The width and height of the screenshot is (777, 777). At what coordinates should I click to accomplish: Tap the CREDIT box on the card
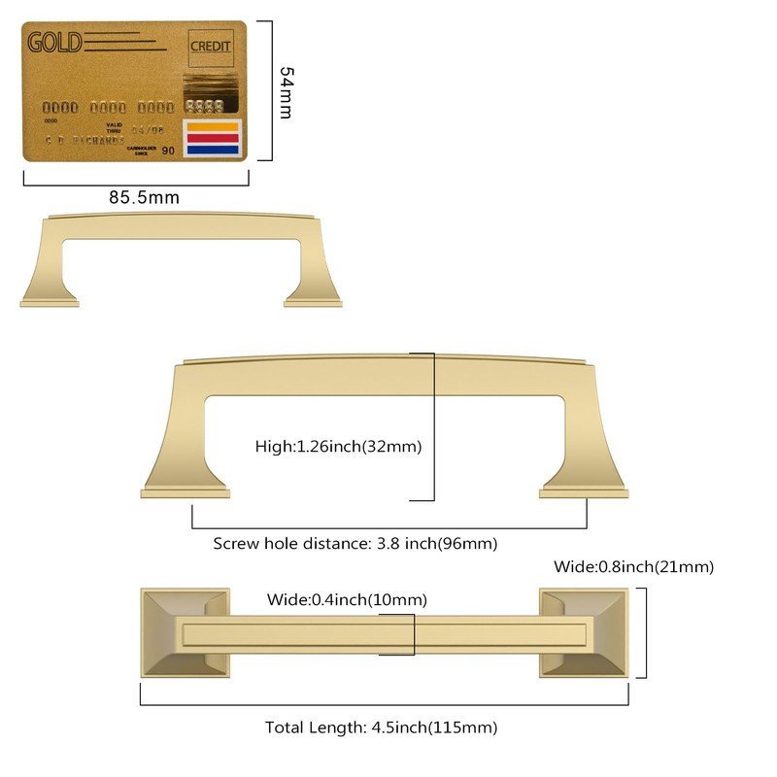[x=210, y=47]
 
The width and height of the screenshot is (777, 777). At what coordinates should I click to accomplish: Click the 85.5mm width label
[x=144, y=197]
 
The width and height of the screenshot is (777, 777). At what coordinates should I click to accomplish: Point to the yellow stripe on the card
[x=213, y=126]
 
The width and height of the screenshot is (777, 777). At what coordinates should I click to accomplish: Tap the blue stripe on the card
[x=213, y=151]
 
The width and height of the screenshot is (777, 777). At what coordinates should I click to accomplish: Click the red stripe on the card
[x=213, y=139]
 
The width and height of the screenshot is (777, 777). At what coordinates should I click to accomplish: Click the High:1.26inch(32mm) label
[x=338, y=446]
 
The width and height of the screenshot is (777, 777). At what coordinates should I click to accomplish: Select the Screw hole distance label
[x=361, y=544]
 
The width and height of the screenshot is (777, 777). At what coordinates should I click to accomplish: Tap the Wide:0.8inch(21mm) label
[x=633, y=566]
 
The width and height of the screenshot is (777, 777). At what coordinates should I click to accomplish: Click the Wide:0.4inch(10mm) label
[x=347, y=599]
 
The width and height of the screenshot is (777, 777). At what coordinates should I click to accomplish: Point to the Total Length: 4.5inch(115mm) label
[x=382, y=727]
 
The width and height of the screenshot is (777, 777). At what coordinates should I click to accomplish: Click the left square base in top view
[x=185, y=632]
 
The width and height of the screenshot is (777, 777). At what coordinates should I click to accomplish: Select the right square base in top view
[x=585, y=632]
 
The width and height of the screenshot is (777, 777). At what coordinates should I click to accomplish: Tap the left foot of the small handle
[x=49, y=296]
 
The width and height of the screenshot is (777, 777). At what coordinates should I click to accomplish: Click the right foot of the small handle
[x=313, y=296]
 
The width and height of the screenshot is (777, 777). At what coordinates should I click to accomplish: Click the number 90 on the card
[x=168, y=151]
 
